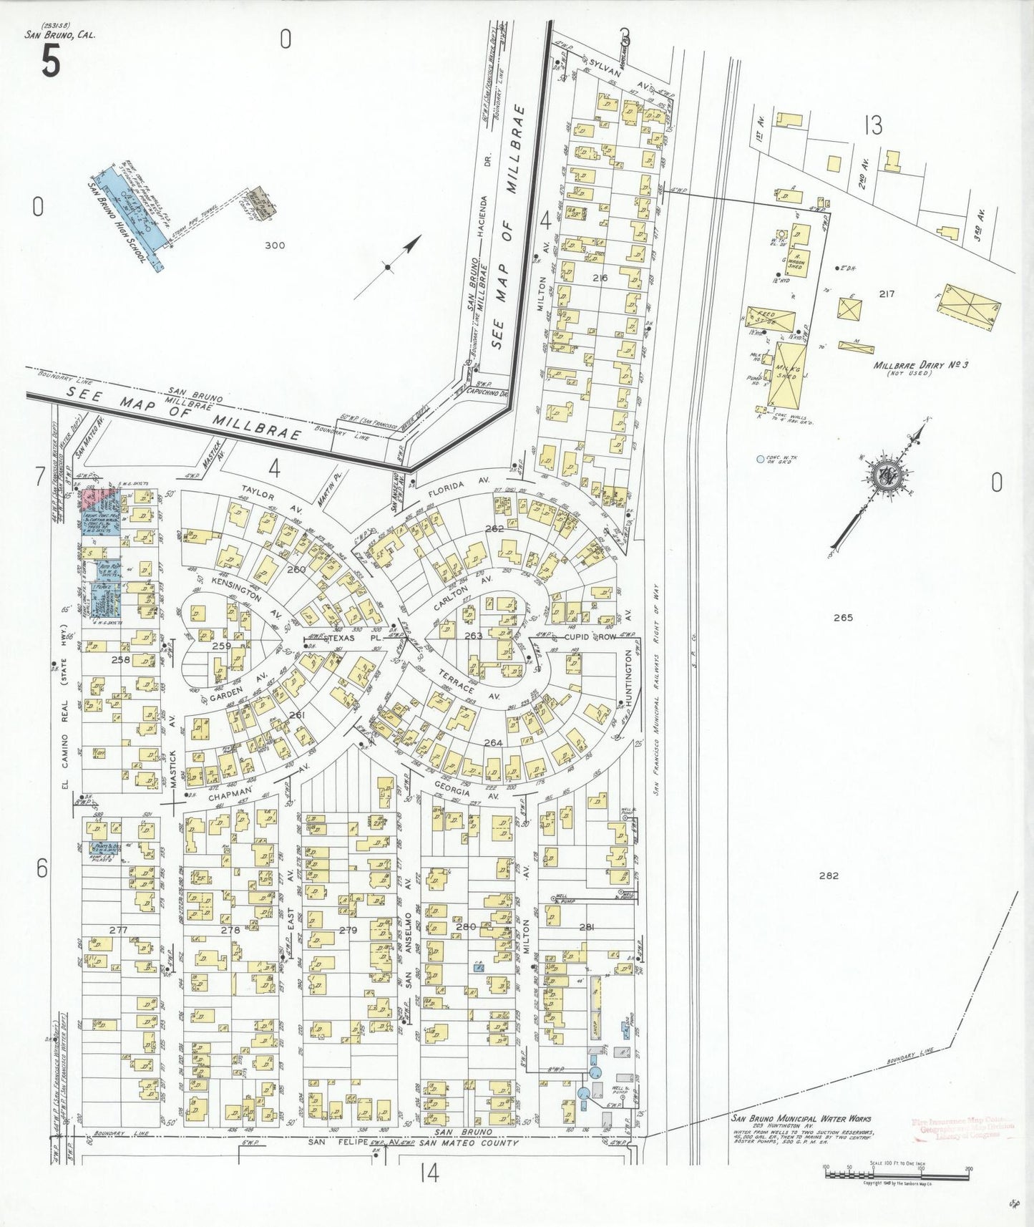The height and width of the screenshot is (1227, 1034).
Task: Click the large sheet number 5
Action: (x=50, y=61)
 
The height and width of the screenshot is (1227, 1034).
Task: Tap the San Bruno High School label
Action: (x=119, y=223)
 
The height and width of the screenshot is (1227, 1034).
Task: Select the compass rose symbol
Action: (x=887, y=475)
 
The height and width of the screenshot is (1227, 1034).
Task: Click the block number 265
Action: (x=843, y=617)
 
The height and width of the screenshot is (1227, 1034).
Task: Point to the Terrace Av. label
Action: (x=469, y=683)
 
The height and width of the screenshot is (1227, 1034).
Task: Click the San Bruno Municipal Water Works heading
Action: (x=801, y=1118)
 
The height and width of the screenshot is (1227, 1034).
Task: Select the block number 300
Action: (x=274, y=245)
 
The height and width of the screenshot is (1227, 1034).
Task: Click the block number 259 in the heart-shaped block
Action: (x=222, y=646)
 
